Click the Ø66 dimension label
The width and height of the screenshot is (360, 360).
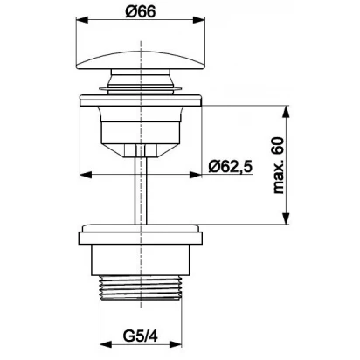click(x=141, y=12)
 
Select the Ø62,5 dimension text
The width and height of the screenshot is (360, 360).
click(x=231, y=167)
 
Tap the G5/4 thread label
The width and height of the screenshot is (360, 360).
click(x=141, y=336)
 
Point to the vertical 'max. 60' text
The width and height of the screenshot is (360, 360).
click(x=279, y=165)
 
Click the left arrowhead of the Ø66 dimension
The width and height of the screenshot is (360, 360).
click(x=81, y=20)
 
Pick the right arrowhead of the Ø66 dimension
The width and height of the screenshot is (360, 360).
click(x=199, y=20)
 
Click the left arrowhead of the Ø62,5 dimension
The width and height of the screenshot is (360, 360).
click(x=86, y=175)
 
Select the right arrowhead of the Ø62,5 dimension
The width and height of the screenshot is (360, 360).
click(x=196, y=175)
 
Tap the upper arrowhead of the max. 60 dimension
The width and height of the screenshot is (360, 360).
click(x=287, y=111)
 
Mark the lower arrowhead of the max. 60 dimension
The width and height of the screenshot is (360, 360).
click(x=287, y=218)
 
